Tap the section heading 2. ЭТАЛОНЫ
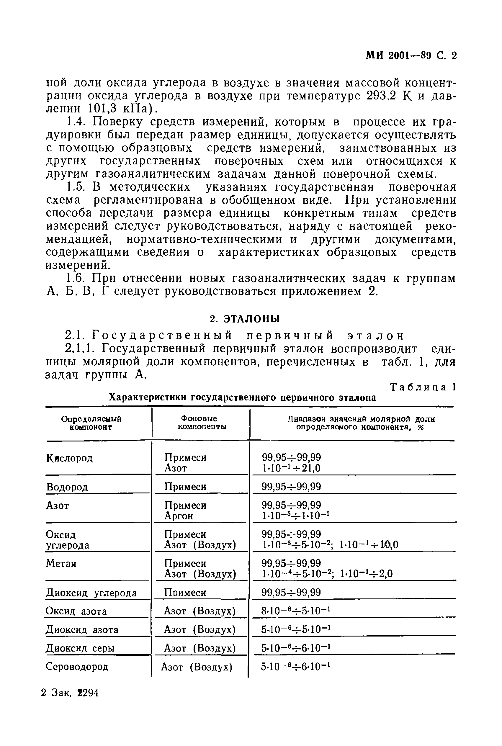tap(245, 319)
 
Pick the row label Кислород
tap(69, 458)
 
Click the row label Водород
tap(67, 487)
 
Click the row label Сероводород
tap(77, 667)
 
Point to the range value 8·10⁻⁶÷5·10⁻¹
tap(295, 611)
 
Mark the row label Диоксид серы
tap(80, 648)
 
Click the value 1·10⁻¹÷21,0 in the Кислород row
tap(291, 468)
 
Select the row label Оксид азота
tap(76, 611)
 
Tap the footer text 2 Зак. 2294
tap(70, 693)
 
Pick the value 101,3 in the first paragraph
tap(102, 109)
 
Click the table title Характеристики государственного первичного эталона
tap(242, 397)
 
